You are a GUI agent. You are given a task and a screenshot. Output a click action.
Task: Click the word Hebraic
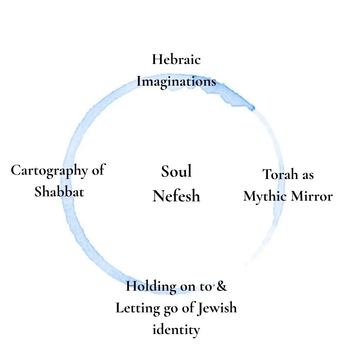(x=176, y=60)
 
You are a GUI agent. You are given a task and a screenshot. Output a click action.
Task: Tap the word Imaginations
(x=176, y=82)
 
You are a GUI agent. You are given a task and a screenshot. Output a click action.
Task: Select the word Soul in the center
(x=176, y=171)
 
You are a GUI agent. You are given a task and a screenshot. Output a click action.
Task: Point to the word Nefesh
(x=176, y=196)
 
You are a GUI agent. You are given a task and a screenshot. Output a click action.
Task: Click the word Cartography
(x=49, y=171)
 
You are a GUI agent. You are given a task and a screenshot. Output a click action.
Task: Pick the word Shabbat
(x=59, y=192)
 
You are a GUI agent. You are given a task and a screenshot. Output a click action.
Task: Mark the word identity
(x=176, y=330)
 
